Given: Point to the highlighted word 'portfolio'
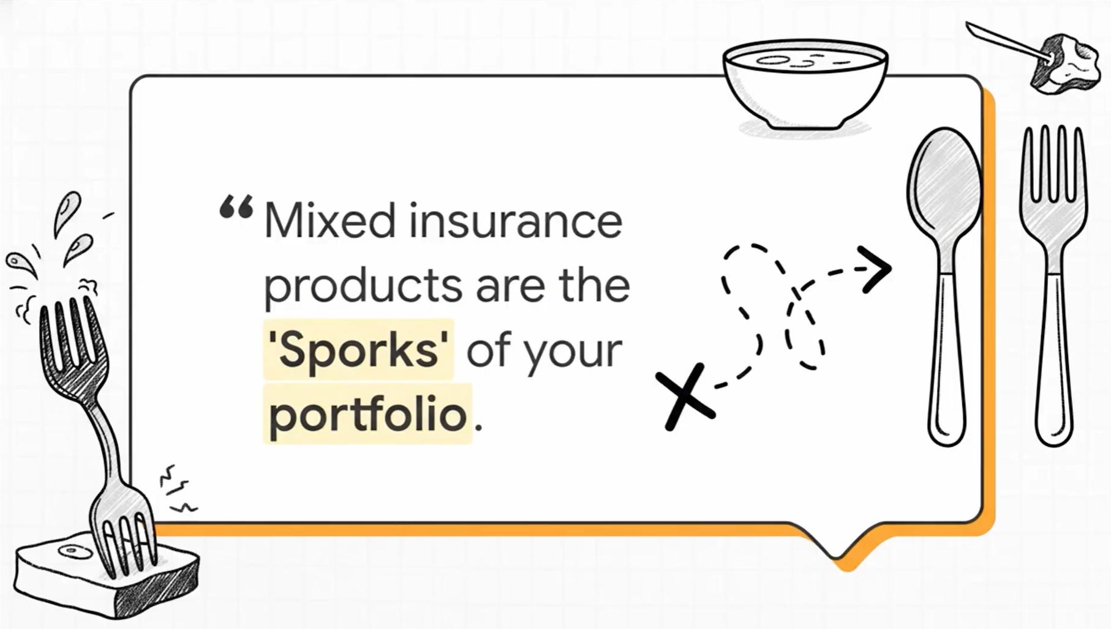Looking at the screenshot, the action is pos(368,415).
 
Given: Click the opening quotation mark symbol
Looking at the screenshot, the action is pos(236,207).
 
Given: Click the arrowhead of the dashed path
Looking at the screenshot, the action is pos(876,269).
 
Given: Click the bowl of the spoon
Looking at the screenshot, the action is pos(944,184).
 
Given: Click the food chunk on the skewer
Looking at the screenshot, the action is pos(1064,64).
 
